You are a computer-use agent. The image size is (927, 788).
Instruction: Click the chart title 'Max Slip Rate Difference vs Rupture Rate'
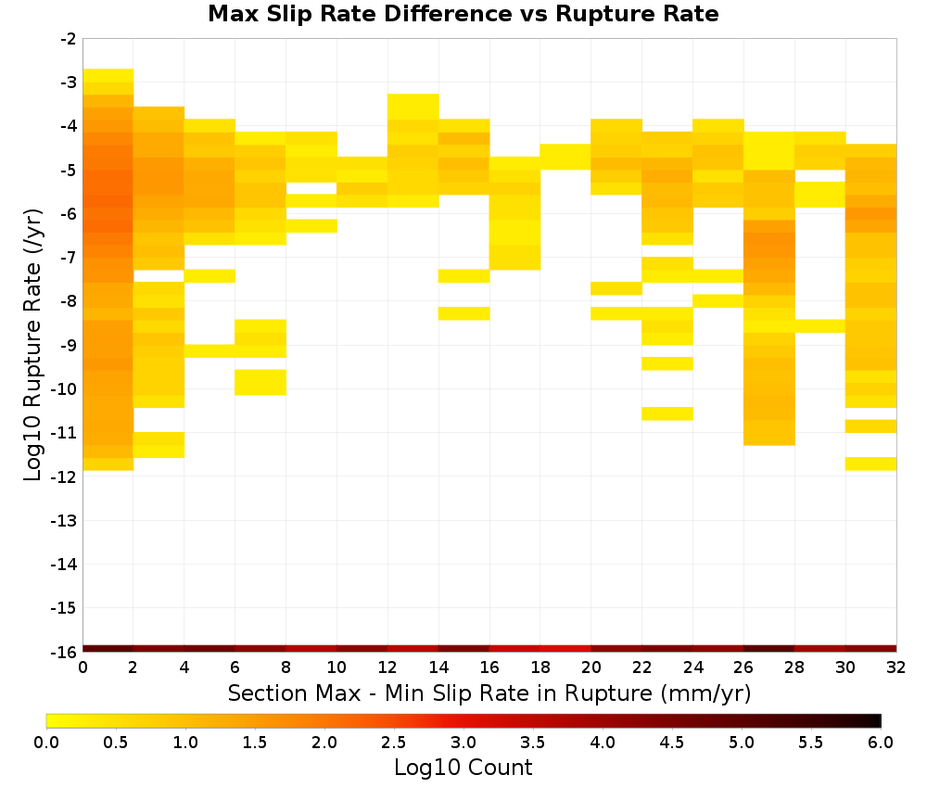(463, 14)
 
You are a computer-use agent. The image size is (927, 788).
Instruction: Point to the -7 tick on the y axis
(69, 258)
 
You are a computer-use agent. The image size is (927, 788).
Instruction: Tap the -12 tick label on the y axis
(64, 477)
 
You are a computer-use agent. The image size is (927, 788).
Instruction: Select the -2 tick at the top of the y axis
(69, 39)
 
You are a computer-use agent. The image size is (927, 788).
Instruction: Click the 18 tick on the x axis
(540, 667)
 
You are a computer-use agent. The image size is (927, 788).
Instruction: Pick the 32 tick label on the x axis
(896, 667)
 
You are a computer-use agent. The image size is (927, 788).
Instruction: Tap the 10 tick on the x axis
(337, 667)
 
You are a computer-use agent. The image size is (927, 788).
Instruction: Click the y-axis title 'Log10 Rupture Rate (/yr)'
(33, 345)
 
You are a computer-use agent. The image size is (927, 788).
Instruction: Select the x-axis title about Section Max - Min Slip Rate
(489, 693)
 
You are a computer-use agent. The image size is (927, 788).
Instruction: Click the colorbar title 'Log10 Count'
(463, 768)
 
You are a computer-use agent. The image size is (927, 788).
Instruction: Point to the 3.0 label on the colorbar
(463, 743)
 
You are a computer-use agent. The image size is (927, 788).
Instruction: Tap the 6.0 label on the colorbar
(881, 743)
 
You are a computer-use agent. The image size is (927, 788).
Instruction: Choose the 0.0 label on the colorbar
(46, 743)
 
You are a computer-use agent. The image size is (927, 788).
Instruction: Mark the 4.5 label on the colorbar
(672, 743)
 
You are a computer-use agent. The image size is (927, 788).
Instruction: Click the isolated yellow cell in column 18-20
(565, 157)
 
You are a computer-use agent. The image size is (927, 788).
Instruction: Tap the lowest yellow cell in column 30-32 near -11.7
(870, 464)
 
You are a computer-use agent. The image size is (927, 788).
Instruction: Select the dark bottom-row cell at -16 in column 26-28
(768, 649)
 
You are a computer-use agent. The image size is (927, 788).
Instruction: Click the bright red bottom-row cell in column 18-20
(565, 649)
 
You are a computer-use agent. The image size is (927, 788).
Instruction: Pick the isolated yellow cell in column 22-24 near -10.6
(667, 413)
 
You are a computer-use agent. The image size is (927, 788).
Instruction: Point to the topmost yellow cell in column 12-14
(413, 107)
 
